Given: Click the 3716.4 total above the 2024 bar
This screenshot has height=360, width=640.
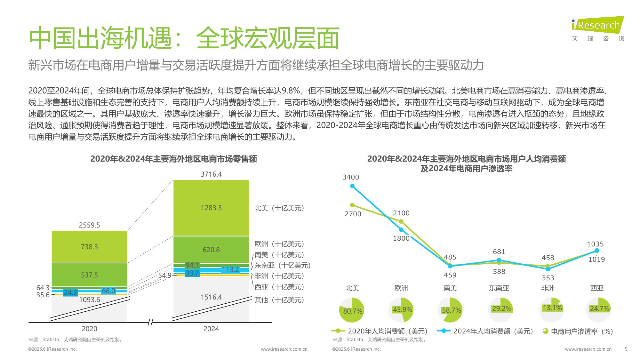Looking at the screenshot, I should point(211,174).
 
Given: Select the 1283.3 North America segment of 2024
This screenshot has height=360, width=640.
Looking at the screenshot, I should point(211,208).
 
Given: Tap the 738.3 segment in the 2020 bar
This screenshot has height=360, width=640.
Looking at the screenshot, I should point(89,247).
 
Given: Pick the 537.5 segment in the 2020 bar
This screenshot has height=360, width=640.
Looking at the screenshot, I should point(89,275).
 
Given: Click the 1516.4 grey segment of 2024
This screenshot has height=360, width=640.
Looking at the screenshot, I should point(211,297).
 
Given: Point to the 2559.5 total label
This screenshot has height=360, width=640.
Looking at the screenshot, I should point(89,225).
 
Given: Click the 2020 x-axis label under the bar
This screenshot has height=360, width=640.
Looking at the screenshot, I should point(89,329).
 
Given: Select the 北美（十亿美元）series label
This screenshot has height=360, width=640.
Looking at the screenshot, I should point(279,208).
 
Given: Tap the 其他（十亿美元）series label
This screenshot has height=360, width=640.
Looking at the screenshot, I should point(279,300).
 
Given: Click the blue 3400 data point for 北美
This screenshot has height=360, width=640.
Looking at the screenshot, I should point(352,186).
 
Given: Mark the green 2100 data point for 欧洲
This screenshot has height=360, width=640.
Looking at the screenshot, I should point(401,221).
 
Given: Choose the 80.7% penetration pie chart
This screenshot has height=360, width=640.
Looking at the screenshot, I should point(352,310).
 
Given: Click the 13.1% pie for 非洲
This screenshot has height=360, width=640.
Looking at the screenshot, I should point(551,309).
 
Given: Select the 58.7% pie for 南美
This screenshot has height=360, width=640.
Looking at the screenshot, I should point(450,310).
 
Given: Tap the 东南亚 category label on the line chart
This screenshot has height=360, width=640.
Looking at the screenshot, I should point(499,288).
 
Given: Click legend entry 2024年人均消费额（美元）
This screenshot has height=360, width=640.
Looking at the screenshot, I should point(493,332).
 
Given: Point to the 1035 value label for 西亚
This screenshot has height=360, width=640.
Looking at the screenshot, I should point(595,244).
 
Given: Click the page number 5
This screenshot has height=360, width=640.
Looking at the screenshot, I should point(626,349).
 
